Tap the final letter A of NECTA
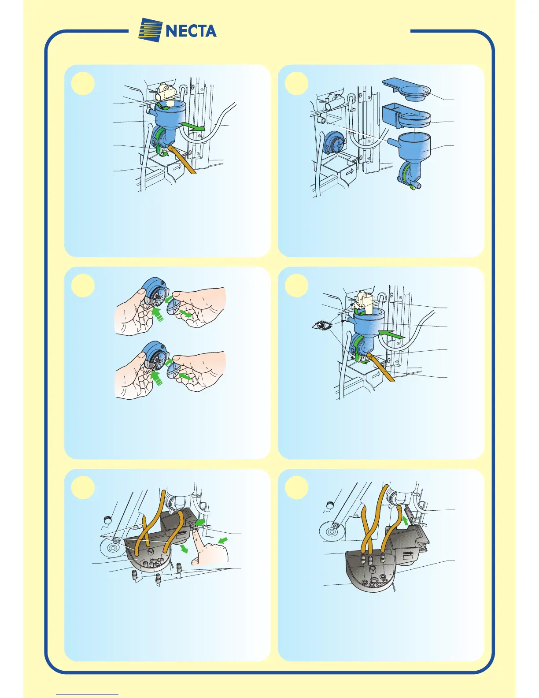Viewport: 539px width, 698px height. coord(210,31)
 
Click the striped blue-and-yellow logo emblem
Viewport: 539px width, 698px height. coord(150,30)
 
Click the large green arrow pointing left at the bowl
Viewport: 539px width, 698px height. coord(391,334)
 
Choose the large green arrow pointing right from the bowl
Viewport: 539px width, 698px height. coord(192,126)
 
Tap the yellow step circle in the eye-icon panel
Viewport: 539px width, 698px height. coord(297,286)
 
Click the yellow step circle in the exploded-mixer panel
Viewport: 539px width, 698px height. coord(297,83)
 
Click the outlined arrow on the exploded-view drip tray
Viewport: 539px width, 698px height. coord(350,172)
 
